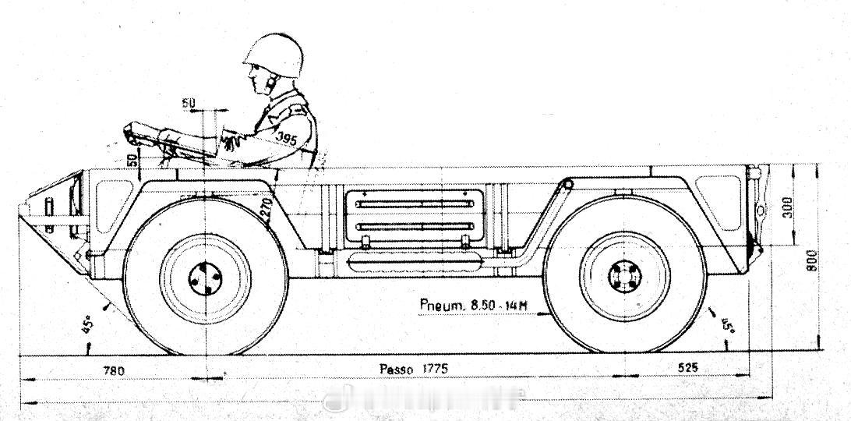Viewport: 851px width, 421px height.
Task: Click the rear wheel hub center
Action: pyautogui.click(x=624, y=277)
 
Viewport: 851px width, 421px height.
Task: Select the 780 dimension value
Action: pyautogui.click(x=114, y=370)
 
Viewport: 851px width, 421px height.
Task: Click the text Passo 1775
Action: pyautogui.click(x=413, y=369)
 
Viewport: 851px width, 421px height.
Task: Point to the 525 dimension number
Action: pyautogui.click(x=687, y=368)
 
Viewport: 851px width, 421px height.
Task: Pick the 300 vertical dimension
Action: pyautogui.click(x=787, y=207)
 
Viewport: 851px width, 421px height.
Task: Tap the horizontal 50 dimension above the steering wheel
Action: pyautogui.click(x=189, y=103)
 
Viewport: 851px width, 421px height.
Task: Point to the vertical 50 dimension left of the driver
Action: pyautogui.click(x=132, y=161)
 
